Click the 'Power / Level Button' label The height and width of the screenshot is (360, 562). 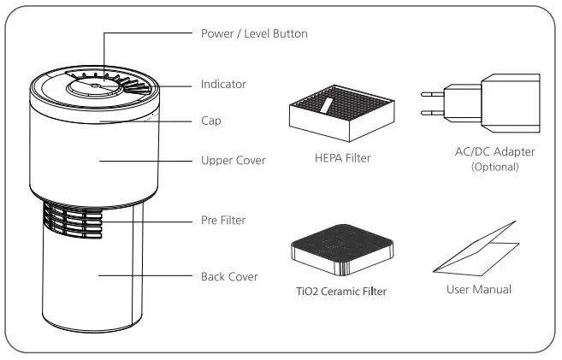tap(253, 34)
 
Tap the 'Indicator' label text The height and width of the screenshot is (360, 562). tap(223, 85)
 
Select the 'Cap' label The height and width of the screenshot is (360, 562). tap(210, 121)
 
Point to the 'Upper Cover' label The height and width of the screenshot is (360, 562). tap(233, 160)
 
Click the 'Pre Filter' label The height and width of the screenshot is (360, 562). tap(223, 221)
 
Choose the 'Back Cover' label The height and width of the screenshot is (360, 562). tap(228, 277)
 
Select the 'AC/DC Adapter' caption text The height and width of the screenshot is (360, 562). tap(495, 152)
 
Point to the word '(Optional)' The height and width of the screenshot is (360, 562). tap(495, 167)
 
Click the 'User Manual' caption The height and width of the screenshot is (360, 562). tap(479, 290)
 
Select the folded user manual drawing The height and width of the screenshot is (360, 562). tap(477, 251)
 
